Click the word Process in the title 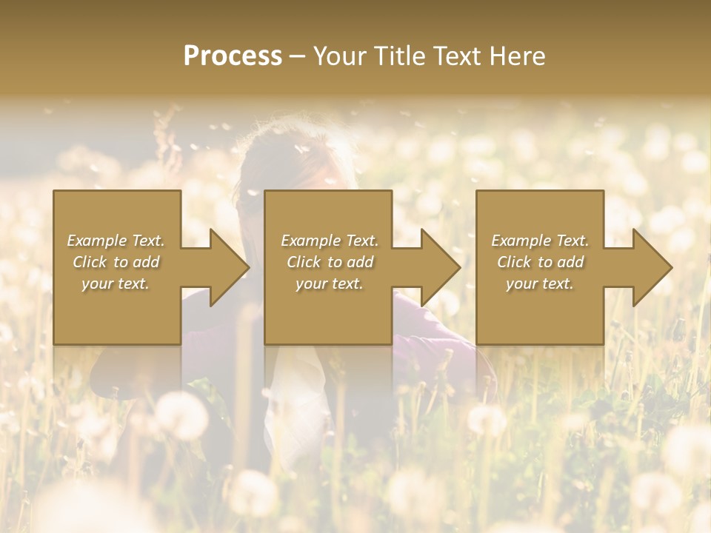(x=233, y=56)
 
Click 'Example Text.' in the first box (x=116, y=241)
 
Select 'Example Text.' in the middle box (x=330, y=241)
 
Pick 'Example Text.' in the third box (x=540, y=241)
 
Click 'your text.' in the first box (x=116, y=284)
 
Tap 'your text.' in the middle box (x=330, y=284)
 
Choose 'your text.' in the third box (x=540, y=284)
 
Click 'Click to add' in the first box (x=116, y=262)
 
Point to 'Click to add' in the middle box (x=330, y=262)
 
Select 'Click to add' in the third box (x=540, y=262)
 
